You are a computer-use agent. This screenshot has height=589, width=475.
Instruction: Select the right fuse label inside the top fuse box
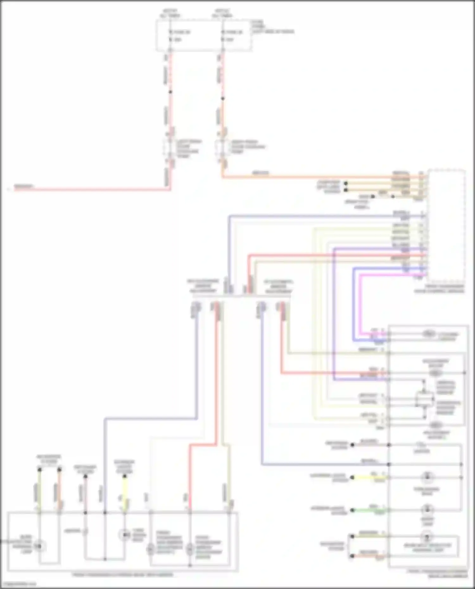(x=234, y=32)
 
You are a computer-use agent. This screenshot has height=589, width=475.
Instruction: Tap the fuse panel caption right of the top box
(x=272, y=27)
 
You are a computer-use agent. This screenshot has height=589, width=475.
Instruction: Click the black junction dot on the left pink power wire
(x=170, y=92)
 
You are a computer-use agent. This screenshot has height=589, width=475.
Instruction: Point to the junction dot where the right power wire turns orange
(x=223, y=98)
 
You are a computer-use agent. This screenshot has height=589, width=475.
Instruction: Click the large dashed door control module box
(x=446, y=225)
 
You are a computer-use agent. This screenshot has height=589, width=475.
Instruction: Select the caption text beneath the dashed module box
(x=440, y=289)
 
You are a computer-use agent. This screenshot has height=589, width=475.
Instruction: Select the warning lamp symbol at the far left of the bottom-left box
(x=39, y=546)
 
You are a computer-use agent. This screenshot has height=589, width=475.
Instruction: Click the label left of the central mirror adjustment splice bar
(x=203, y=286)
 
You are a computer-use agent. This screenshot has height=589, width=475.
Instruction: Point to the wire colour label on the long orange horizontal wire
(x=260, y=173)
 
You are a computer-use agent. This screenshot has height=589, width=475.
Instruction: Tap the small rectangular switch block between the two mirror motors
(x=424, y=399)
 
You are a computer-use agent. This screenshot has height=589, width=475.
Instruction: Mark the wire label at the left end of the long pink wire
(x=24, y=186)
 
